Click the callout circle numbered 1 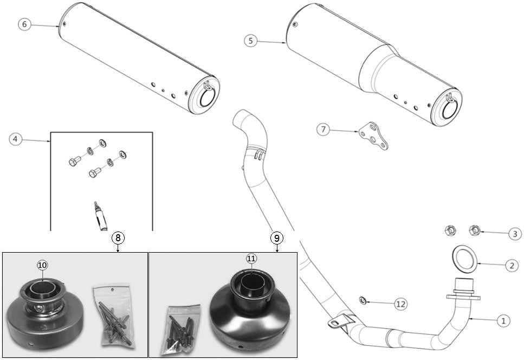(x=504, y=320)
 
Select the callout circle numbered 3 (x=515, y=234)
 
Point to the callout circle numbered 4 (x=16, y=139)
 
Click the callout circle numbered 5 (x=249, y=41)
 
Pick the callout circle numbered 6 (x=25, y=24)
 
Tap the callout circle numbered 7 (x=324, y=129)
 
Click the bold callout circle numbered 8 (x=118, y=237)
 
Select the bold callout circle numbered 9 (x=276, y=237)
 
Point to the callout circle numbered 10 (x=42, y=264)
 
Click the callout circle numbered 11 (x=251, y=259)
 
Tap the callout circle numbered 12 (x=400, y=304)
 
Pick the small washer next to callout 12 (x=363, y=299)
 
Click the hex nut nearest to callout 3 (x=474, y=231)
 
